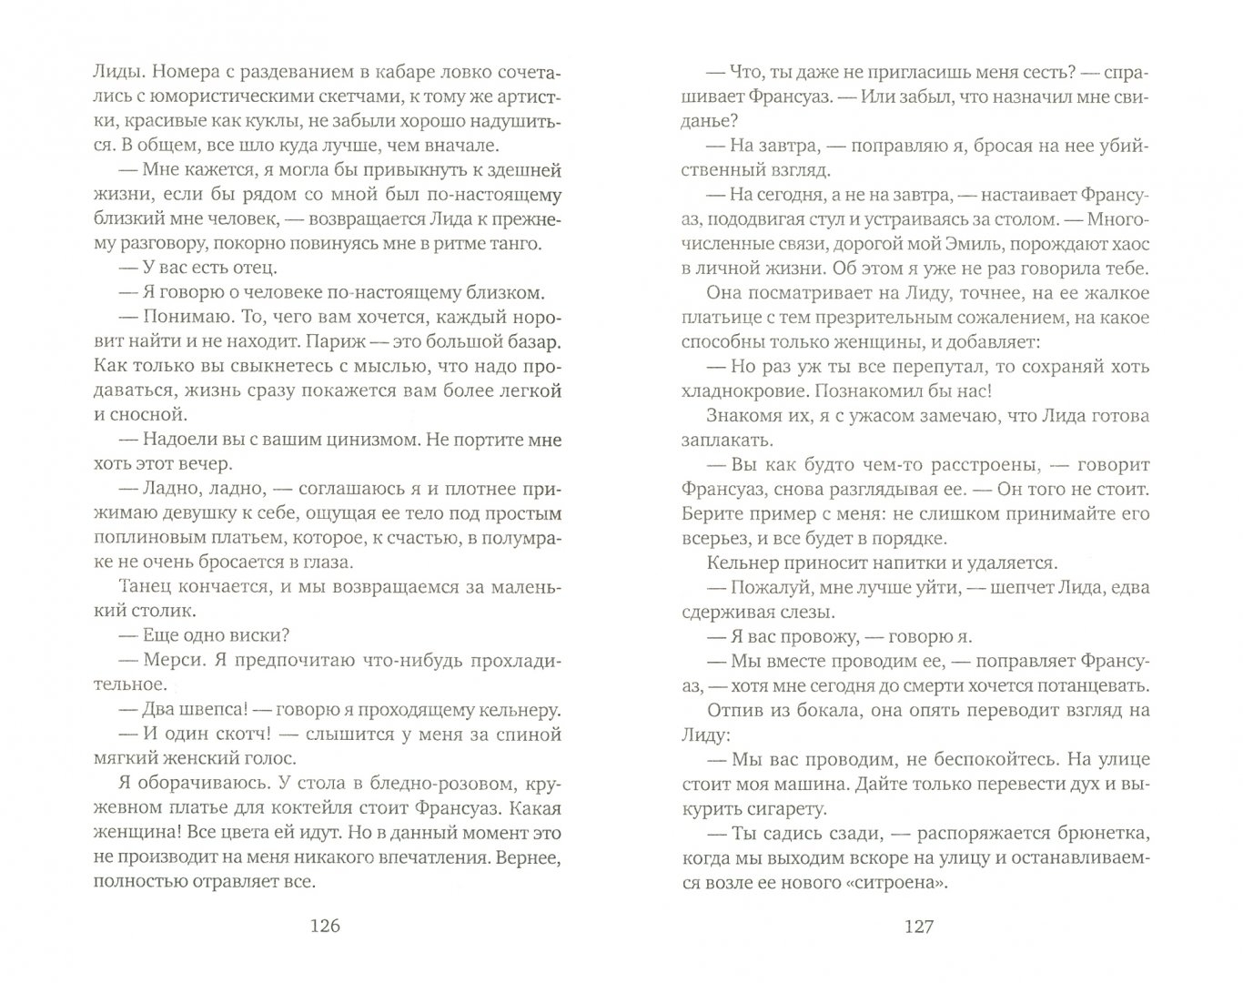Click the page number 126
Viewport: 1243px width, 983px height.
(325, 927)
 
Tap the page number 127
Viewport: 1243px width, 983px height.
(919, 927)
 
